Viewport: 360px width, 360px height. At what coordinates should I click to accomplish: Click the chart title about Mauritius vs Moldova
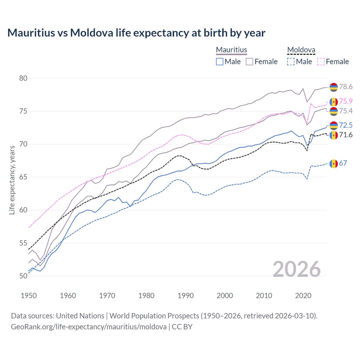point(136,33)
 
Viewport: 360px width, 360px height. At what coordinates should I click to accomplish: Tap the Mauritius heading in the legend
point(231,50)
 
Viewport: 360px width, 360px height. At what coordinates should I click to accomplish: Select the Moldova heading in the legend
point(301,50)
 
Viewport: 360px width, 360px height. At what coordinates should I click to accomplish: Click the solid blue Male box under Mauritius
point(220,62)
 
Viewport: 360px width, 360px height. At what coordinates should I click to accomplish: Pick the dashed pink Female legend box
point(321,62)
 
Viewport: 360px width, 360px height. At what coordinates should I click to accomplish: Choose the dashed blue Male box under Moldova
point(291,62)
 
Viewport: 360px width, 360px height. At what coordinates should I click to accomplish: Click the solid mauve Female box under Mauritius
point(249,62)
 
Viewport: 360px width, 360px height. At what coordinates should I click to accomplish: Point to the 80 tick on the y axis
point(23,78)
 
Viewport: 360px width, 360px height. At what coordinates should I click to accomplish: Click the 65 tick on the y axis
point(23,177)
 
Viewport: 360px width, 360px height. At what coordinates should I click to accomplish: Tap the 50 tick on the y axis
point(23,276)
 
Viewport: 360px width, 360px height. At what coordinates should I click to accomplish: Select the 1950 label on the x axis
point(29,296)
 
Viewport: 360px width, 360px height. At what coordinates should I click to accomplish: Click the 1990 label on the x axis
point(186,296)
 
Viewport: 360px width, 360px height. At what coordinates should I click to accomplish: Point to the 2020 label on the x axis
point(303,296)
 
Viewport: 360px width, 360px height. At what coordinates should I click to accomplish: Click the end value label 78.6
point(346,87)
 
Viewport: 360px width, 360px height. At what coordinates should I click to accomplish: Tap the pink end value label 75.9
point(346,101)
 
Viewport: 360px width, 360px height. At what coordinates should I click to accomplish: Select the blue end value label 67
point(343,163)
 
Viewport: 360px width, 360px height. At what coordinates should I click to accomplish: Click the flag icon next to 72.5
point(334,125)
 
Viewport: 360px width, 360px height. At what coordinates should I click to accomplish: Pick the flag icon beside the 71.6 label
point(334,135)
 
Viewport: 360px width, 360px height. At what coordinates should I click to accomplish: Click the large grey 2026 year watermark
point(297,269)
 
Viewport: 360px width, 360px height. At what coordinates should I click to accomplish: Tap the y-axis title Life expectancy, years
point(12,180)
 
